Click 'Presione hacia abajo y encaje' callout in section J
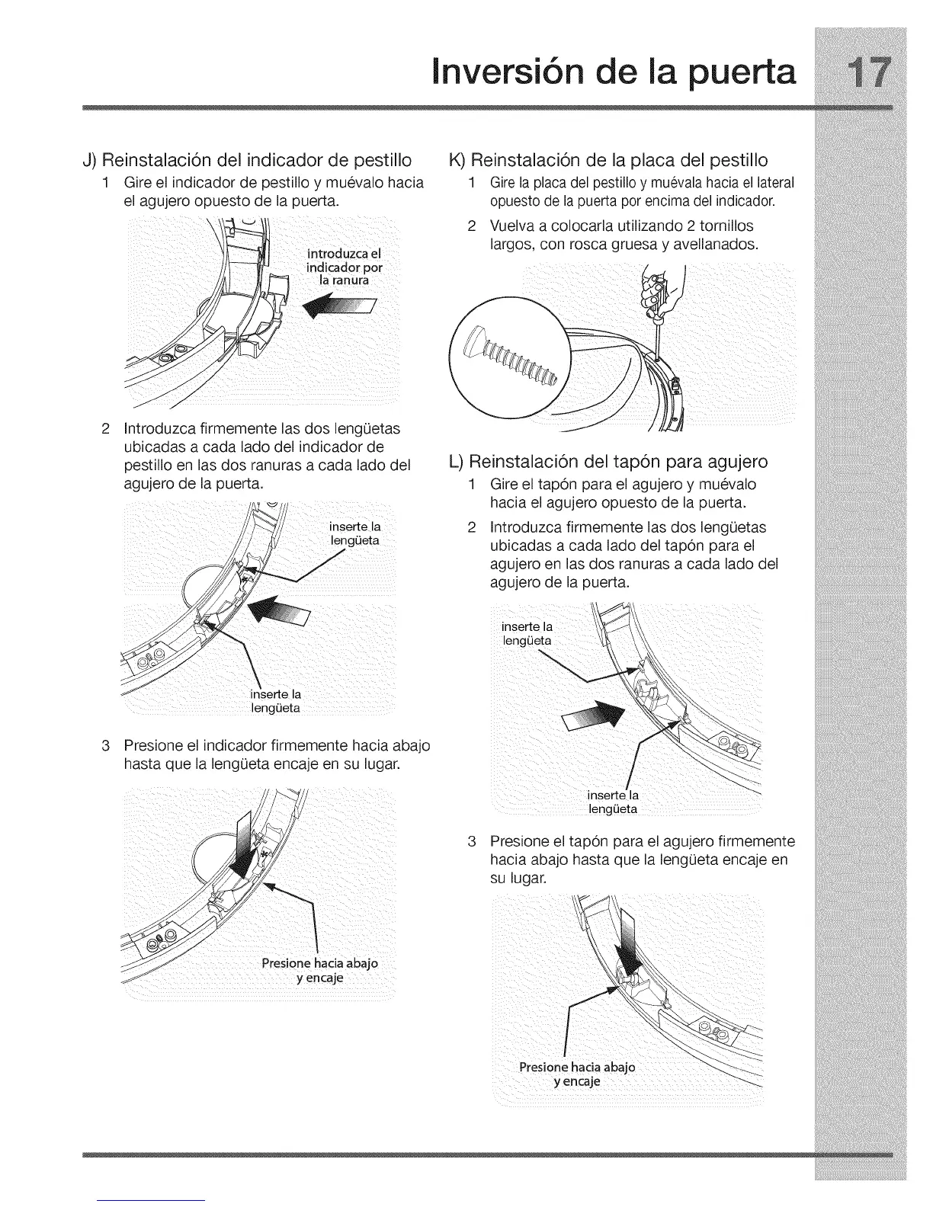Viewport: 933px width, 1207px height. tap(319, 970)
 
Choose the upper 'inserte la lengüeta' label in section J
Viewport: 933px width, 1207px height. tap(354, 533)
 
